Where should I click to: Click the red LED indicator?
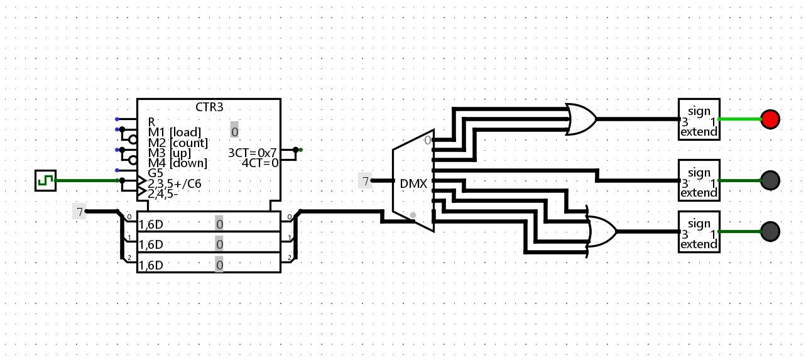pyautogui.click(x=770, y=119)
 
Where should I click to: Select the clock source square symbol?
pyautogui.click(x=45, y=181)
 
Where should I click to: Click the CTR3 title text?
pyautogui.click(x=209, y=107)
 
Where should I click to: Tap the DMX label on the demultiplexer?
pyautogui.click(x=413, y=185)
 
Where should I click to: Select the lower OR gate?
pyautogui.click(x=601, y=231)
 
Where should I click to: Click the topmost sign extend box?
pyautogui.click(x=699, y=119)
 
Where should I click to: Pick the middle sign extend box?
pyautogui.click(x=699, y=180)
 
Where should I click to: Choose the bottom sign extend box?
pyautogui.click(x=699, y=232)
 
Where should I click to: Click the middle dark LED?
pyautogui.click(x=770, y=180)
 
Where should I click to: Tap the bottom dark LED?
pyautogui.click(x=770, y=231)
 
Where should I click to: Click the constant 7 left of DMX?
pyautogui.click(x=365, y=181)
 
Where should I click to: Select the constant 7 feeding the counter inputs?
pyautogui.click(x=79, y=212)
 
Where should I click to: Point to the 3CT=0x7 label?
pyautogui.click(x=252, y=153)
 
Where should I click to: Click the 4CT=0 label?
pyautogui.click(x=260, y=163)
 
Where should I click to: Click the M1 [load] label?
pyautogui.click(x=174, y=132)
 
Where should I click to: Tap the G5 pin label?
pyautogui.click(x=155, y=173)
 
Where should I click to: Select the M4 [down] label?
pyautogui.click(x=177, y=163)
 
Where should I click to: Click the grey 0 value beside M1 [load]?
pyautogui.click(x=234, y=132)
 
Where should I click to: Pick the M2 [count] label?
pyautogui.click(x=178, y=143)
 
